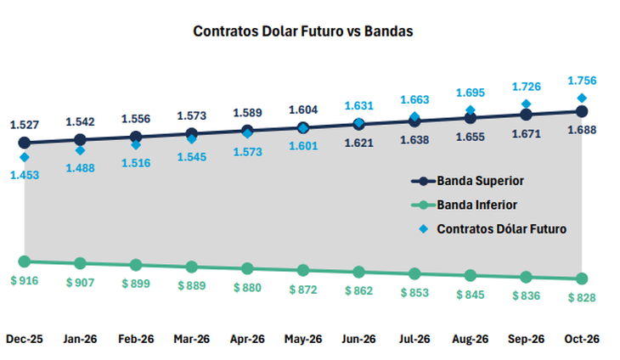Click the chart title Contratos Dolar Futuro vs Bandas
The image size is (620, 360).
point(303,32)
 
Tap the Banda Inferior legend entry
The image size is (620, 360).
point(476,205)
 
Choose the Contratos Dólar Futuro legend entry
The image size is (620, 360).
point(501,228)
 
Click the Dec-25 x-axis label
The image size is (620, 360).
point(24,339)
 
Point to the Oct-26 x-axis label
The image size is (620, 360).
point(582,339)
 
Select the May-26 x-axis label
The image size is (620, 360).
point(302,339)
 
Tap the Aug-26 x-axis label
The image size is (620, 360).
point(470,339)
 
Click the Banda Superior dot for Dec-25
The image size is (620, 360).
point(24,143)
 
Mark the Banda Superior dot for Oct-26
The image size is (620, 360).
point(582,111)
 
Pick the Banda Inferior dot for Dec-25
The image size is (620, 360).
point(24,262)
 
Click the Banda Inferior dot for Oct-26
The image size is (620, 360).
point(582,278)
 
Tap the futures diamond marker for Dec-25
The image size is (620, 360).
point(24,157)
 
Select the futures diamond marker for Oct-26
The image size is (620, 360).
point(582,98)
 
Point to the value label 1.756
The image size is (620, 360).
point(582,81)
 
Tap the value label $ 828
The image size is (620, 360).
point(582,297)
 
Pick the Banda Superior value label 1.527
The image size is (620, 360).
point(25,125)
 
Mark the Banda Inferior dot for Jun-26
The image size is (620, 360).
point(358,272)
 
